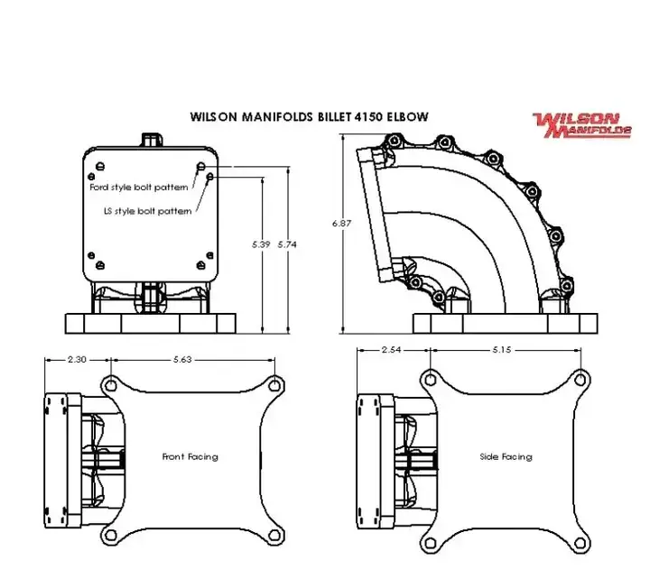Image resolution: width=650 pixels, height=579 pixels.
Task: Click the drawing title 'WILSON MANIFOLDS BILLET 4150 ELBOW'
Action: (309, 116)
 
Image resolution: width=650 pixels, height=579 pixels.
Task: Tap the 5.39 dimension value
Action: (261, 244)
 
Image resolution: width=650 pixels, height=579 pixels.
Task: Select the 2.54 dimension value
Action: (392, 349)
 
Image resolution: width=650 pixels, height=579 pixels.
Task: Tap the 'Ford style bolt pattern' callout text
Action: (139, 188)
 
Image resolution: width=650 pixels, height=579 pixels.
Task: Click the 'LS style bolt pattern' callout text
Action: (148, 211)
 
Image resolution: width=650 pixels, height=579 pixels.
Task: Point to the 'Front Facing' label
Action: (190, 456)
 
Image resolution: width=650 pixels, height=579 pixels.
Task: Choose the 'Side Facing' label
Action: (506, 456)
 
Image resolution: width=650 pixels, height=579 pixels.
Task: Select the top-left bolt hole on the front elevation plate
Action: (100, 164)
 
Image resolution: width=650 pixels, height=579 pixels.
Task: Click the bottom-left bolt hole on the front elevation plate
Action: (100, 264)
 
